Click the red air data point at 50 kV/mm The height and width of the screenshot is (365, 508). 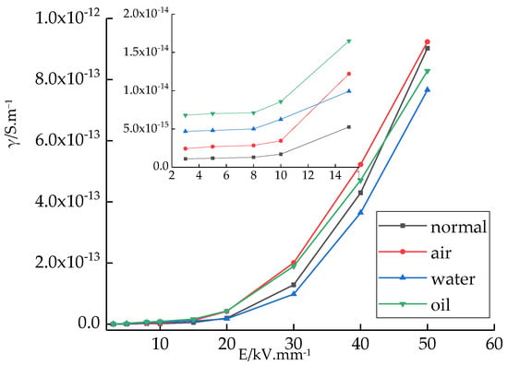pyautogui.click(x=427, y=42)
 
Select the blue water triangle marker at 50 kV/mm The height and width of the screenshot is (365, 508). pyautogui.click(x=428, y=89)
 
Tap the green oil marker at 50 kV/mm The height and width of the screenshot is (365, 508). pyautogui.click(x=428, y=72)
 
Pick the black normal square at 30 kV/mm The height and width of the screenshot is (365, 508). pyautogui.click(x=294, y=285)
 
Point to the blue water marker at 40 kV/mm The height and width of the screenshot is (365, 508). pyautogui.click(x=360, y=212)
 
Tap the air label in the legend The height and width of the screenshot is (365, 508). pyautogui.click(x=441, y=253)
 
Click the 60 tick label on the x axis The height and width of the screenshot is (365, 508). pyautogui.click(x=494, y=344)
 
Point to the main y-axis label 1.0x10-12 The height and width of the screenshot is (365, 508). pyautogui.click(x=68, y=18)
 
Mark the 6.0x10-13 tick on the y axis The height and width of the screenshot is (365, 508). pyautogui.click(x=68, y=140)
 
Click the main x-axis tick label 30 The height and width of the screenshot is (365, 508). pyautogui.click(x=294, y=344)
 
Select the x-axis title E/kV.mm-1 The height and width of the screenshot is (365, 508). pyautogui.click(x=274, y=355)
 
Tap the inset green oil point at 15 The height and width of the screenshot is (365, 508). pyautogui.click(x=349, y=41)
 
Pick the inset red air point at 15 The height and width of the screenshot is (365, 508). pyautogui.click(x=349, y=74)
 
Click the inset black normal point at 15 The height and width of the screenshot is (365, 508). pyautogui.click(x=349, y=127)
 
